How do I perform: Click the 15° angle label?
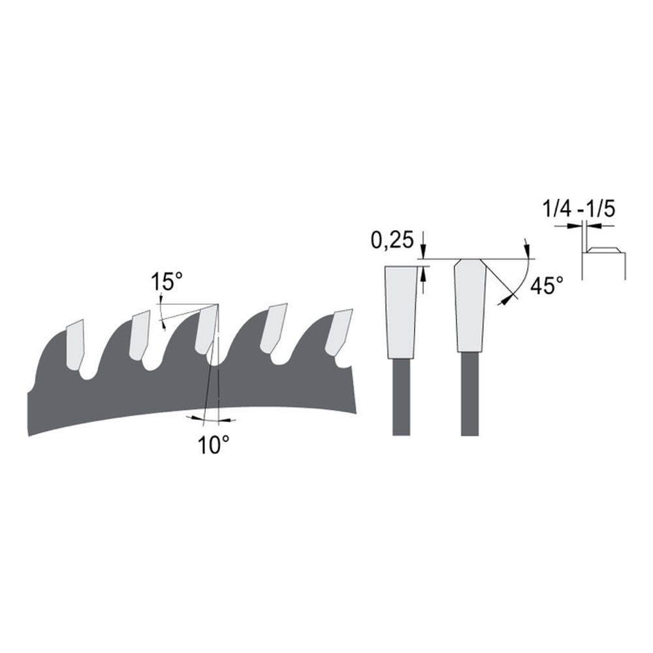[x=167, y=283]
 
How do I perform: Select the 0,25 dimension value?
[x=392, y=241]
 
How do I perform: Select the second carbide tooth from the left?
[x=140, y=334]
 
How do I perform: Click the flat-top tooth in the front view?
[x=402, y=310]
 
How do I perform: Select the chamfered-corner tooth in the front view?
[x=470, y=304]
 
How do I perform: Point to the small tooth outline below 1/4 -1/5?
[x=604, y=251]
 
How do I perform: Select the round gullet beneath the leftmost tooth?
[x=85, y=374]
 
